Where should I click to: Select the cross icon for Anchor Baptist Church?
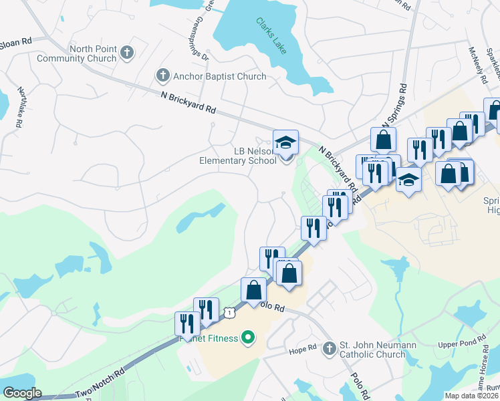pos(162,76)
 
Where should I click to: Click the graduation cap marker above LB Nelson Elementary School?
pos(285,142)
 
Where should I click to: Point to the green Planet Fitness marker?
pos(248,338)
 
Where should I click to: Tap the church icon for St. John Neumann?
pos(329,349)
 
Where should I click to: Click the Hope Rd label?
pos(302,349)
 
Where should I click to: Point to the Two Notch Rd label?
pos(100,383)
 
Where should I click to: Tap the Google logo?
pos(22,393)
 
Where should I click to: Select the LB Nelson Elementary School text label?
pos(237,155)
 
